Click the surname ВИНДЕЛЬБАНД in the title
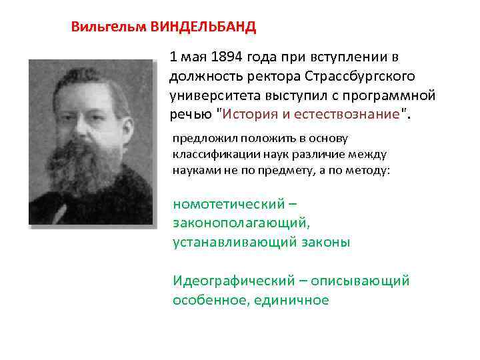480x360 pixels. pos(203,27)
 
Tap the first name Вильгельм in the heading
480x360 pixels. pos(109,27)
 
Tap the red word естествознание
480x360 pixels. pos(353,114)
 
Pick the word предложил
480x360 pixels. pos(201,139)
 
